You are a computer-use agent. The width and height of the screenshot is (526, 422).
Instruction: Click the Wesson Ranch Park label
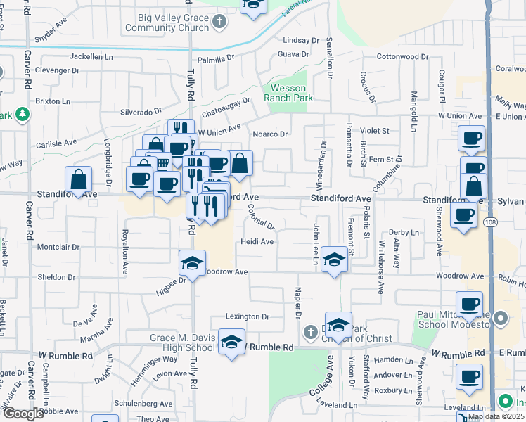tap(289, 94)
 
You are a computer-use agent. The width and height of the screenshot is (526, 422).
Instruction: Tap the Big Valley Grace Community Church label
tap(167, 23)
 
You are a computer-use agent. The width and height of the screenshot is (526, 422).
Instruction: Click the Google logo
tap(23, 413)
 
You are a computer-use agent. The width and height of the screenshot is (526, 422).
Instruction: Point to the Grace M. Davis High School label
tap(182, 343)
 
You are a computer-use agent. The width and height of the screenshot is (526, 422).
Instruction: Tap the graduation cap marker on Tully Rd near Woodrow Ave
tap(191, 263)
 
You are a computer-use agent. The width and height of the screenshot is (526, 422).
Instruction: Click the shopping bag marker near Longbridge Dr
tap(79, 179)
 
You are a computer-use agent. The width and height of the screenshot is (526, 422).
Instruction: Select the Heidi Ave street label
tap(257, 241)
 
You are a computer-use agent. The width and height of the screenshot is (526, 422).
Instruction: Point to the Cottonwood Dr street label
tap(402, 56)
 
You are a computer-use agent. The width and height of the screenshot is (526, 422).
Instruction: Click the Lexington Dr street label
tap(248, 317)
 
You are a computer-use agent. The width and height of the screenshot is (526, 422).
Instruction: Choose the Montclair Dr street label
tap(58, 248)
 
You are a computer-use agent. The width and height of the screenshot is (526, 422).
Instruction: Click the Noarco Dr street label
tap(271, 134)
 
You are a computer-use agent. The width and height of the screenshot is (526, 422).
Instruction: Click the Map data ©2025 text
tap(496, 416)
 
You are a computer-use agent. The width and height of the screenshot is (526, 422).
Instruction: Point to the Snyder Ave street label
tap(54, 32)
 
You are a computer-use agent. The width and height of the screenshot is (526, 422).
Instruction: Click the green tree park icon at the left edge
tap(23, 114)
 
